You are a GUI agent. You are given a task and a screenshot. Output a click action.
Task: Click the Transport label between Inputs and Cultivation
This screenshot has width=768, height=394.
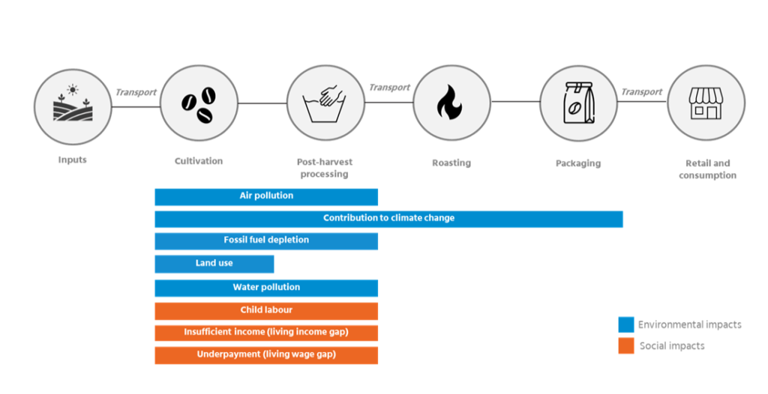[x=136, y=92]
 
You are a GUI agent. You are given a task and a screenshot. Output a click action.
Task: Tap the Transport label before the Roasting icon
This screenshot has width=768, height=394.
[x=389, y=88]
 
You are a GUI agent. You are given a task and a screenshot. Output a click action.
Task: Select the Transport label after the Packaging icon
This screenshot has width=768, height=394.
[x=641, y=92]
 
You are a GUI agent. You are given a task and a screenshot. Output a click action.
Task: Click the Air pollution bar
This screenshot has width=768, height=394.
[x=266, y=196]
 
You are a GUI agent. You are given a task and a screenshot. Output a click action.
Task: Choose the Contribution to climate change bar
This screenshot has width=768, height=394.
[x=388, y=219]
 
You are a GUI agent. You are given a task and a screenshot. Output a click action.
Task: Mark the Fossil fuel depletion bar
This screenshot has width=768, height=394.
[x=266, y=240]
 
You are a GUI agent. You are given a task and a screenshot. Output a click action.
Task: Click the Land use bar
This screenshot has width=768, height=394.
[x=214, y=264]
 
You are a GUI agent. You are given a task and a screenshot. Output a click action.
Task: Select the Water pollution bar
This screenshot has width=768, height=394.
[x=266, y=288]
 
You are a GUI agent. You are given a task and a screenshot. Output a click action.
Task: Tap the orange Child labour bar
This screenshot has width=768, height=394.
[x=266, y=310]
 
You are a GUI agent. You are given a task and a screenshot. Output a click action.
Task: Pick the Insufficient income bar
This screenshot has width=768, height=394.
[x=266, y=333]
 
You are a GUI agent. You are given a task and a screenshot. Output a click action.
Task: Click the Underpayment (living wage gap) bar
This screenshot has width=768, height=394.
[x=266, y=355]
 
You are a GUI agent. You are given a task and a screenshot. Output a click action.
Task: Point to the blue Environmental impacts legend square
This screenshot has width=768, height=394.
[x=626, y=324]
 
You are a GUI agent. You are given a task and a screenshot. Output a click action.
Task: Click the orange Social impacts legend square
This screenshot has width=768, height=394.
[x=626, y=346]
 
